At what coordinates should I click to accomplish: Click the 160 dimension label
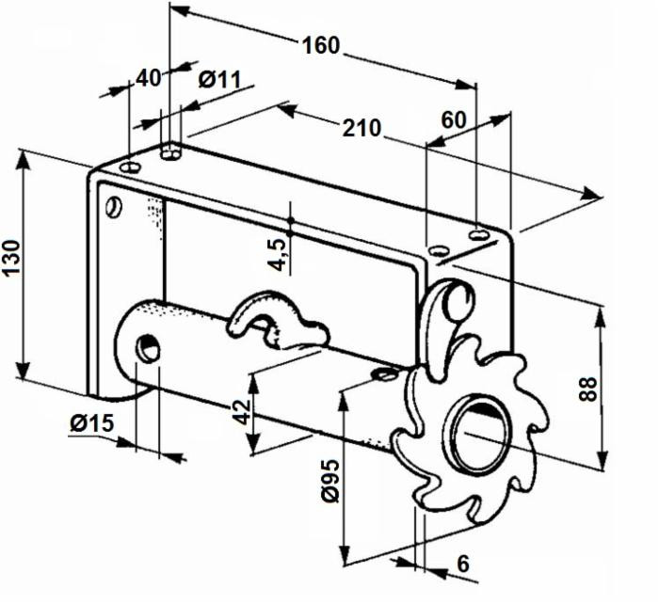coord(321,44)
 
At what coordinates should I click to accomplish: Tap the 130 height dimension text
coord(12,255)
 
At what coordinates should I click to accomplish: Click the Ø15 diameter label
coord(90,423)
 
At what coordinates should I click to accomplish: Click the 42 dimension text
coord(243,410)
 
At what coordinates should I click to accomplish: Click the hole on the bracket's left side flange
coord(114,205)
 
